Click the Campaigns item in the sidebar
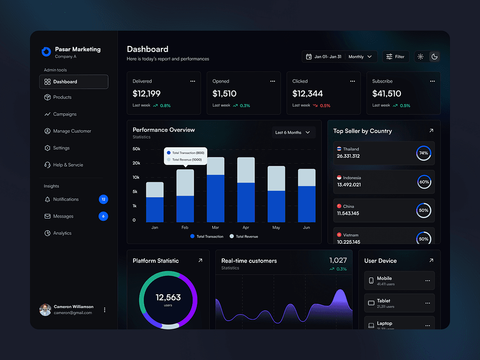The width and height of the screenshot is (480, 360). click(65, 114)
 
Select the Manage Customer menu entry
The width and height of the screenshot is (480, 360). click(72, 131)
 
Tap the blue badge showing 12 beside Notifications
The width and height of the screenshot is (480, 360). click(104, 199)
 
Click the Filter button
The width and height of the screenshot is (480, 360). click(395, 57)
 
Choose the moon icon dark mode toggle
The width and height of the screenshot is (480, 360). click(435, 57)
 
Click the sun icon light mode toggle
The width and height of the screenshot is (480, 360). click(420, 57)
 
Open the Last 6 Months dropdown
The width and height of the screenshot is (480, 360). click(293, 133)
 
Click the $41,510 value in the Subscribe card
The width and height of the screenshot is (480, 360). click(387, 94)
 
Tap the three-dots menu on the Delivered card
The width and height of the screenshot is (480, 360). click(193, 81)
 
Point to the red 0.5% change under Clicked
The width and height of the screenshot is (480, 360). click(325, 105)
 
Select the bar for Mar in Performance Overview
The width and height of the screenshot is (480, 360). click(216, 190)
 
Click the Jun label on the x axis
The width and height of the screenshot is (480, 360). click(307, 227)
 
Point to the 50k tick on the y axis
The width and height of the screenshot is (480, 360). click(136, 149)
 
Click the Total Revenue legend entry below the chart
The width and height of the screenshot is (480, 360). click(244, 237)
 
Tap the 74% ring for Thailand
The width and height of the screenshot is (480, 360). click(424, 153)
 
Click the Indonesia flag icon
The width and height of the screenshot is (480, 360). click(339, 178)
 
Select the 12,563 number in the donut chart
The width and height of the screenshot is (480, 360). click(168, 297)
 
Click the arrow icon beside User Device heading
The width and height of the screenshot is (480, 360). click(431, 260)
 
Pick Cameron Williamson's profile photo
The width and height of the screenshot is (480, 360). click(45, 310)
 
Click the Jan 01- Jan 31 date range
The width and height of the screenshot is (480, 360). click(327, 57)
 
